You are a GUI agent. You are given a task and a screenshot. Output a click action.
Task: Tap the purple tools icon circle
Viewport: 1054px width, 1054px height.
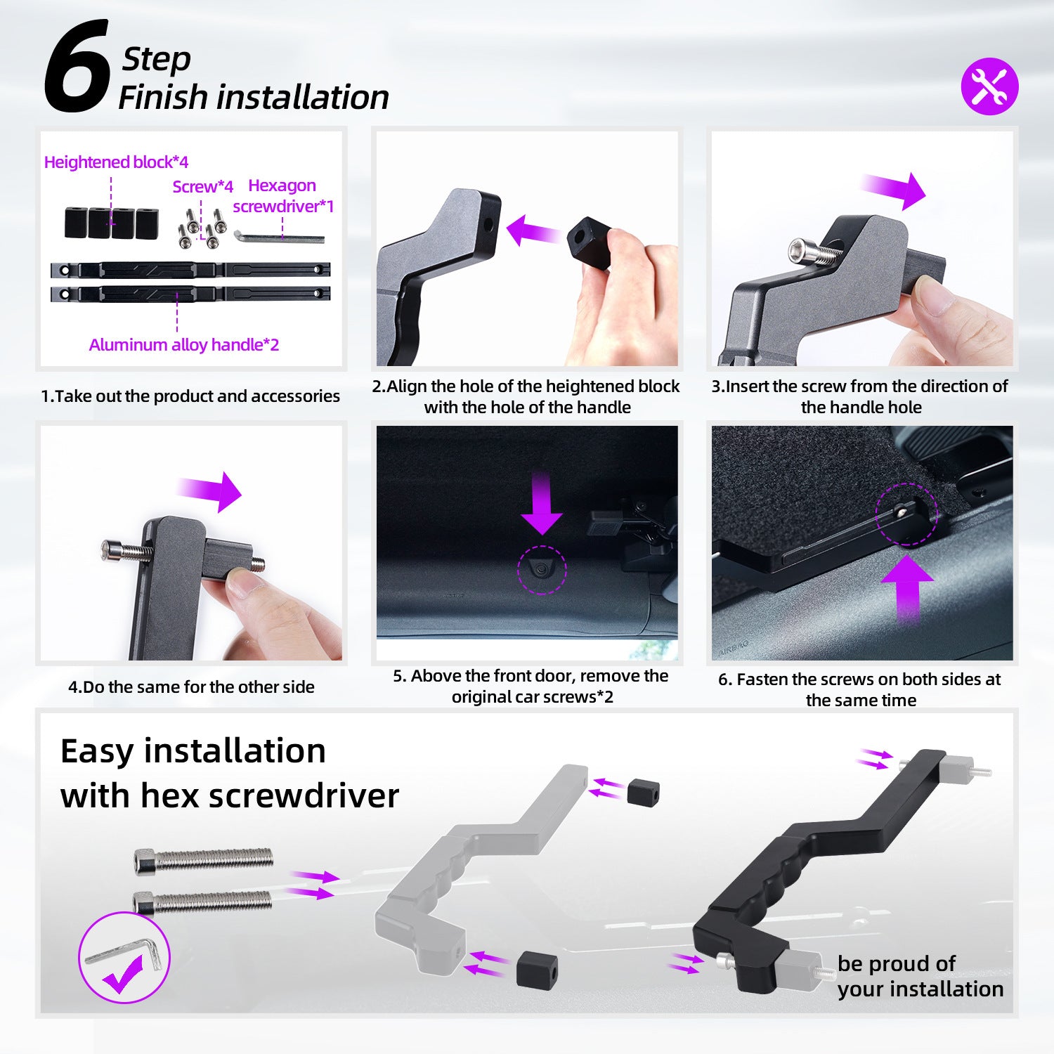click(x=989, y=86)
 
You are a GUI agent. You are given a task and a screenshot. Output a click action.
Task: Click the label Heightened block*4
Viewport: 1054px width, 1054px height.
click(x=116, y=162)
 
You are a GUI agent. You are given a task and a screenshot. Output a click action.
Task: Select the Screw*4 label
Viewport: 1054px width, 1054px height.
click(x=203, y=186)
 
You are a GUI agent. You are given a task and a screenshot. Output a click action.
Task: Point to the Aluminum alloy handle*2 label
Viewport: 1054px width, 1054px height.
click(x=184, y=344)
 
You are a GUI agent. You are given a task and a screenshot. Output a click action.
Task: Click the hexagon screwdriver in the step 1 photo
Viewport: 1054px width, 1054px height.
click(x=278, y=237)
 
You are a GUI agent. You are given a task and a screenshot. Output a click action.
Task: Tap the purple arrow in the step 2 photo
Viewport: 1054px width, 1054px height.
click(x=533, y=230)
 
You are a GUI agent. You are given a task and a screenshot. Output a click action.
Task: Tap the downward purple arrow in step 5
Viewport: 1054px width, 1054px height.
click(x=542, y=504)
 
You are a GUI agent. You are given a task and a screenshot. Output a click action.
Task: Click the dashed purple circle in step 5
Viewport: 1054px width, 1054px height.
click(x=542, y=570)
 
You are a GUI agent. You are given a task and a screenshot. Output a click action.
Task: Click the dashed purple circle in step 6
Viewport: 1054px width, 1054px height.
click(x=906, y=514)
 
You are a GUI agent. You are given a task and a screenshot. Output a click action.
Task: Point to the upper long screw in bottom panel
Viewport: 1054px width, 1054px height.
click(x=204, y=860)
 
